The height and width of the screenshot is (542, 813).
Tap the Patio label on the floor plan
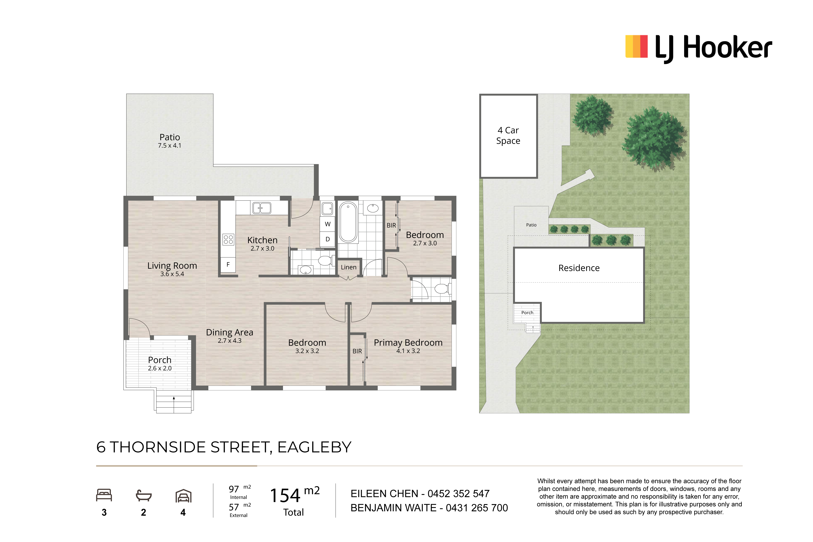(169, 137)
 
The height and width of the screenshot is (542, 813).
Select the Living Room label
(172, 266)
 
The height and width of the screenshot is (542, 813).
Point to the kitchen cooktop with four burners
(228, 239)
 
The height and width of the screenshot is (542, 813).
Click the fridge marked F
(228, 265)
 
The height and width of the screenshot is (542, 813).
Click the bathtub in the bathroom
(348, 222)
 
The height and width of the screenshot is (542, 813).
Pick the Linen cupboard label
(348, 267)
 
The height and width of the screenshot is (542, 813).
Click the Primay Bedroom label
(408, 342)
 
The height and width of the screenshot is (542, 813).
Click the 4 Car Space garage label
(508, 135)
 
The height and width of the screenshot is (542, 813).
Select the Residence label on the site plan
(579, 268)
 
